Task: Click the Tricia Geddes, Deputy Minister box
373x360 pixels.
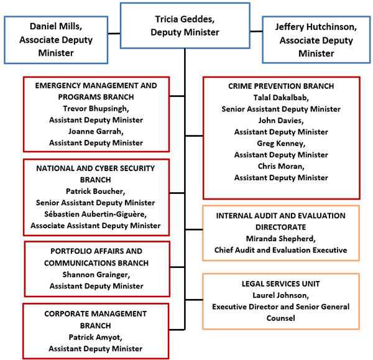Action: [185, 25]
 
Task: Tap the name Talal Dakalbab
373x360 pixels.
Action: [281, 97]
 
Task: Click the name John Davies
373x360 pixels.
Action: [281, 120]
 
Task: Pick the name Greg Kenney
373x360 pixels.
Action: [281, 143]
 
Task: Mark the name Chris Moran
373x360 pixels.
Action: [281, 166]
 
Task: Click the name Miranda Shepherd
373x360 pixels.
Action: [281, 239]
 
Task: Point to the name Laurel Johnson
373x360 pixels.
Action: [281, 295]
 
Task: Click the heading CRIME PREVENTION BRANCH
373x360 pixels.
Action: [281, 86]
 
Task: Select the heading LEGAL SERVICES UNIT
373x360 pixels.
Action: [281, 284]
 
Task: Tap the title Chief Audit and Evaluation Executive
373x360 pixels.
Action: [281, 250]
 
